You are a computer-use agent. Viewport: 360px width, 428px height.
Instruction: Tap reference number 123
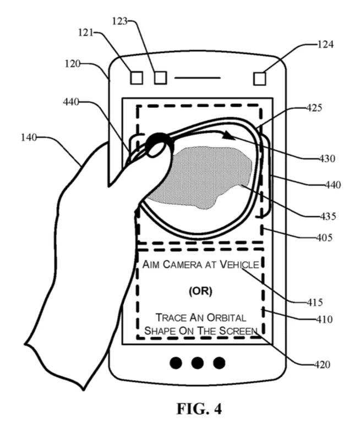[119, 21]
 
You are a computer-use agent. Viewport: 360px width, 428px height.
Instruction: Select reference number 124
[325, 44]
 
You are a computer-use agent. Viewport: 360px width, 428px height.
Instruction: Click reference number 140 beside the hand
[29, 138]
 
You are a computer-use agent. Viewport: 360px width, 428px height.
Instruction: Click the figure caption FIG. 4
[197, 409]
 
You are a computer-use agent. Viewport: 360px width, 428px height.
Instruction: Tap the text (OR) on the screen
[200, 292]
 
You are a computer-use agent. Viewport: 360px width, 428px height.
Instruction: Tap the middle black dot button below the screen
[198, 363]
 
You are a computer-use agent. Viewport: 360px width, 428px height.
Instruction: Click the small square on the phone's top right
[260, 78]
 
